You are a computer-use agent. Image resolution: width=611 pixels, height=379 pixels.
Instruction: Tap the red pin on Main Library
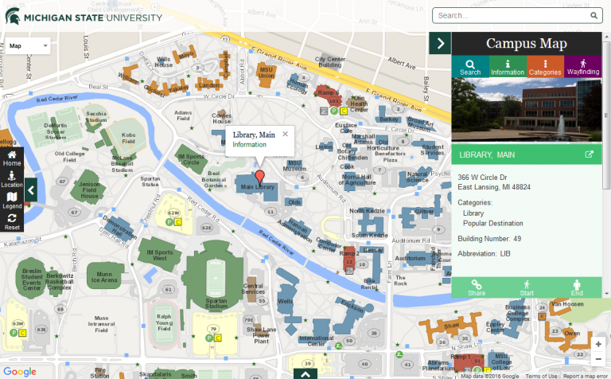[259, 175]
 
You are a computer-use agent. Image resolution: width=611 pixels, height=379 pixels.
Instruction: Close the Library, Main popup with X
[285, 134]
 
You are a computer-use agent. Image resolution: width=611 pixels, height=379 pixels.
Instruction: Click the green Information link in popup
[249, 145]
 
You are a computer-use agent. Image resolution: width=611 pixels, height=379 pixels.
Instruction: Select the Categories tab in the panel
[545, 67]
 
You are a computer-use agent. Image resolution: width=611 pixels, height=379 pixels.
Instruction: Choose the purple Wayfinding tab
[582, 67]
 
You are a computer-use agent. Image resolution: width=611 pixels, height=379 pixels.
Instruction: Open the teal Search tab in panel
[470, 67]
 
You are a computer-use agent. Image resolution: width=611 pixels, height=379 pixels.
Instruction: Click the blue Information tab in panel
[508, 67]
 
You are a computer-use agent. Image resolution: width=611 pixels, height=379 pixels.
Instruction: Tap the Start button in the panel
[526, 287]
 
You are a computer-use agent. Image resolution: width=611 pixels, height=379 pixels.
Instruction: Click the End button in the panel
[577, 287]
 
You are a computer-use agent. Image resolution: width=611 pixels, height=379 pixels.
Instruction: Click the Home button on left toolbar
[12, 158]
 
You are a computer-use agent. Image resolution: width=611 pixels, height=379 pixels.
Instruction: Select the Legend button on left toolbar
[12, 201]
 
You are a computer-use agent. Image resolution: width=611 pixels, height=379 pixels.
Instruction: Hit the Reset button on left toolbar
[12, 222]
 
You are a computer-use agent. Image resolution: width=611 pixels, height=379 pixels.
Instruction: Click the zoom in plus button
[597, 344]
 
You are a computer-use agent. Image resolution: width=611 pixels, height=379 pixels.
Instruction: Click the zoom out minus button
[597, 359]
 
